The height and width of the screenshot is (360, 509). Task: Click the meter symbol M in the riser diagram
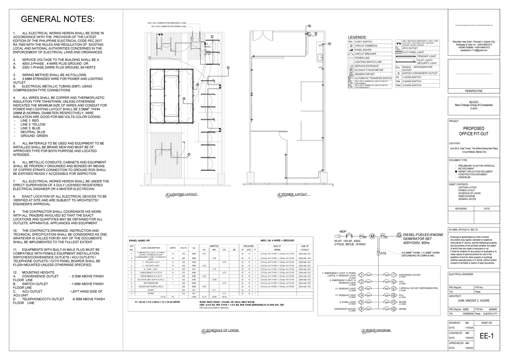(x=372, y=236)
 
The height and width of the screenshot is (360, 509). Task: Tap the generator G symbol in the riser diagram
(x=399, y=235)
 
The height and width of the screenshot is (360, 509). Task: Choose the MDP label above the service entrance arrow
(x=343, y=232)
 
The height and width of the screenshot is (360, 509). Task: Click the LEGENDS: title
(x=359, y=37)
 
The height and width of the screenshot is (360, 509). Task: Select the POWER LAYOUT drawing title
(x=294, y=194)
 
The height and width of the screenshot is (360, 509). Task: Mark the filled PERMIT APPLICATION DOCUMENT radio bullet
(x=456, y=171)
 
